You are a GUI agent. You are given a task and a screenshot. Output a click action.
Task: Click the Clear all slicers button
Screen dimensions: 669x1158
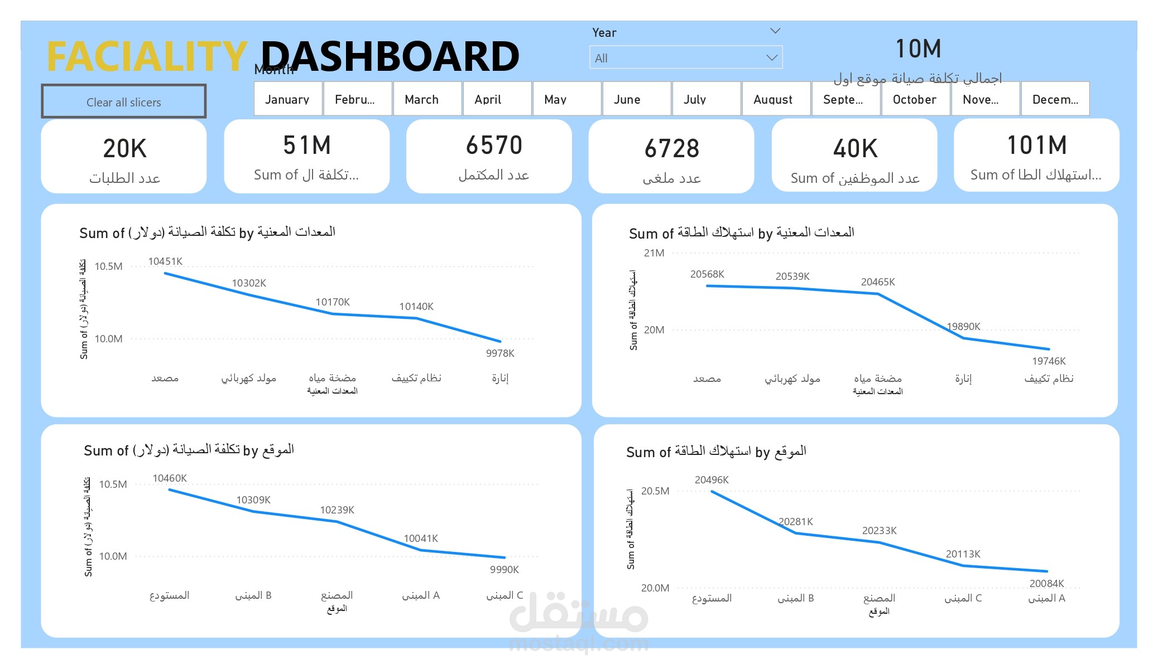pyautogui.click(x=123, y=102)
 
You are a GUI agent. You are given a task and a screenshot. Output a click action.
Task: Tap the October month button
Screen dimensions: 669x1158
pyautogui.click(x=915, y=99)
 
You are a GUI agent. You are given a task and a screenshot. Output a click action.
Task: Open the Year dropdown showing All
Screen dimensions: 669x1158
pyautogui.click(x=685, y=58)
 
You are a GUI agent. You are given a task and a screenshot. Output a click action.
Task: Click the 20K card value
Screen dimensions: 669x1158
pyautogui.click(x=124, y=149)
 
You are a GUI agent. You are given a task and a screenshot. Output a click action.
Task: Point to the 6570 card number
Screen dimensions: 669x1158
pyautogui.click(x=494, y=146)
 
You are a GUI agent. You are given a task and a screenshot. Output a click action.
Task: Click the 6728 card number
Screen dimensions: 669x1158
pyautogui.click(x=671, y=149)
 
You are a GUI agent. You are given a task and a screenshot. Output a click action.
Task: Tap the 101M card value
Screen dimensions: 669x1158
pyautogui.click(x=1036, y=146)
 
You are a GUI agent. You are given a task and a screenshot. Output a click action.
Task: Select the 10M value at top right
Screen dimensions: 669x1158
pyautogui.click(x=918, y=49)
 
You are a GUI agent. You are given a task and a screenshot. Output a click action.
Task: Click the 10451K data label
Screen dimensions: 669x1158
pyautogui.click(x=165, y=261)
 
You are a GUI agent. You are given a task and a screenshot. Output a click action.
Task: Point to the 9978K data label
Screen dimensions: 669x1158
pyautogui.click(x=500, y=353)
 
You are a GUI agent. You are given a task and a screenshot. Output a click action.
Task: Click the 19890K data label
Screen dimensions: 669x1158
pyautogui.click(x=963, y=327)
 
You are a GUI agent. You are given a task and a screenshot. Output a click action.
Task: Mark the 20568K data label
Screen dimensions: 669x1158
pyautogui.click(x=707, y=274)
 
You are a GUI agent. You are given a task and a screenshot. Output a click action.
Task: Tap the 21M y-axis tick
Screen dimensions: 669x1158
pyautogui.click(x=654, y=253)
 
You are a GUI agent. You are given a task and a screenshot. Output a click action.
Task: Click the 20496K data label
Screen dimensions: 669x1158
pyautogui.click(x=712, y=480)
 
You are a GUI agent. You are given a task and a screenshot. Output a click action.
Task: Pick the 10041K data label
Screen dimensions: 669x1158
pyautogui.click(x=421, y=539)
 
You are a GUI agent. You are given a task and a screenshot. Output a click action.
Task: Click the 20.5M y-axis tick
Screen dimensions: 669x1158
pyautogui.click(x=655, y=491)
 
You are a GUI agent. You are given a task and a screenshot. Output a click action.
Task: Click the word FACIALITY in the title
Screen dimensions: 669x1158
pyautogui.click(x=147, y=56)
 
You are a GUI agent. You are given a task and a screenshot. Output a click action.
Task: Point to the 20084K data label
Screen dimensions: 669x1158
pyautogui.click(x=1046, y=584)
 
